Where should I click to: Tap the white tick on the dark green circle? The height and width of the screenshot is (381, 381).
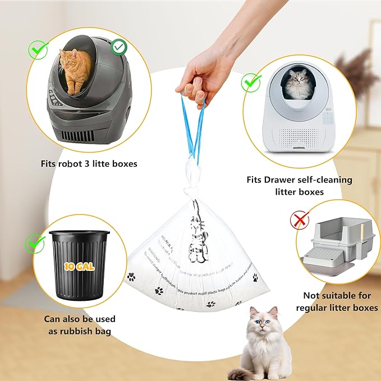click(x=118, y=48)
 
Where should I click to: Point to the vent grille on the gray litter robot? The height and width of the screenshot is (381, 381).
click(x=82, y=135)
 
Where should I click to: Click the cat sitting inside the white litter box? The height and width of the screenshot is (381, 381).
click(x=299, y=84)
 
